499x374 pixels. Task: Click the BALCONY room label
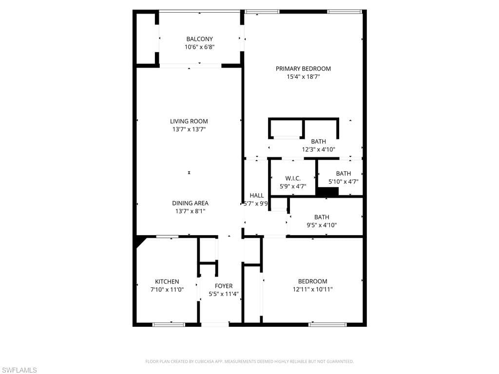tap(199, 39)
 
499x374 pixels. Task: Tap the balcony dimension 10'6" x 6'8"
tap(199, 47)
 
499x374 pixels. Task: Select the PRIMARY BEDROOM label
tap(303, 69)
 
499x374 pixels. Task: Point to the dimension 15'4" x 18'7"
tap(303, 76)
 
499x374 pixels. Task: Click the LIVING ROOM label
tap(189, 121)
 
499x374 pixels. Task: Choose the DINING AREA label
tap(190, 203)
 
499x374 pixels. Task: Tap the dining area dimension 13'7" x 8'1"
tap(190, 211)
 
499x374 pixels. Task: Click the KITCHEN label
tap(167, 281)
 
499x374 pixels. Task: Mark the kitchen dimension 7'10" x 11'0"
tap(167, 289)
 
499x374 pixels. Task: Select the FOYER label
tap(224, 286)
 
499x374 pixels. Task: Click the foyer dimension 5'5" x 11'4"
tap(224, 294)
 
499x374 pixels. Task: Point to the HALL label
tap(256, 195)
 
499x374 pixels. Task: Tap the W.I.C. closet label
tap(293, 178)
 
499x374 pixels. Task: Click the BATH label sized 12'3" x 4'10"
tap(318, 142)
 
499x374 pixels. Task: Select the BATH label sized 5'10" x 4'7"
tap(343, 173)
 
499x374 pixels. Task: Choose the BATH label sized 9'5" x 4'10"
tap(321, 217)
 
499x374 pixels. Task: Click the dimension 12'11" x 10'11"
tap(312, 289)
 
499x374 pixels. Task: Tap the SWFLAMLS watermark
tap(19, 370)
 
